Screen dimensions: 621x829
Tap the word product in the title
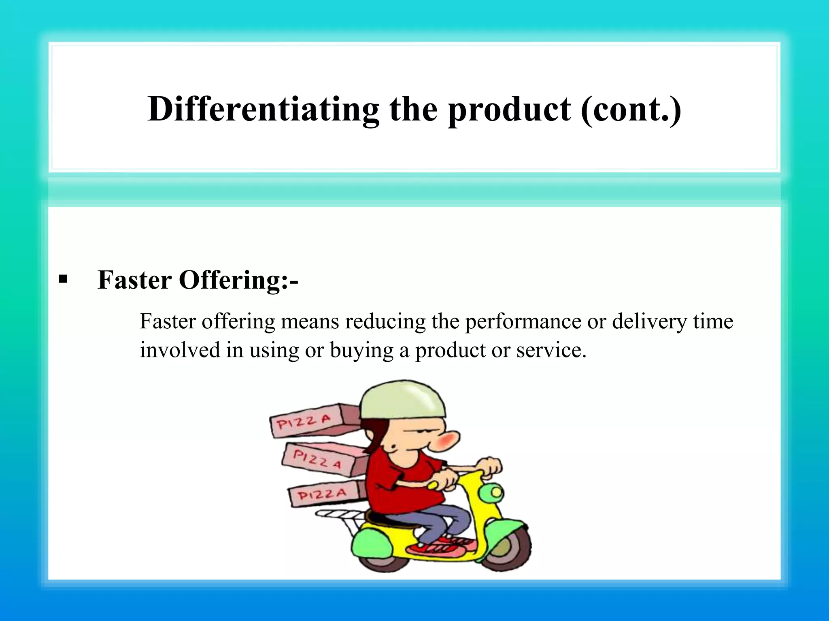(509, 110)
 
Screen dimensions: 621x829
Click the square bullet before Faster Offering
(63, 279)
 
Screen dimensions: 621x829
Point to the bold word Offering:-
(238, 280)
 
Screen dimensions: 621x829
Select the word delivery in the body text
(649, 322)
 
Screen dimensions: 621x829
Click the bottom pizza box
(324, 494)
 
